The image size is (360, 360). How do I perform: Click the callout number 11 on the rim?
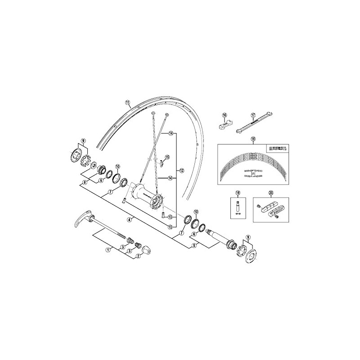tap(128, 102)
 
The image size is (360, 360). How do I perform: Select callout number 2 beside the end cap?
tap(139, 256)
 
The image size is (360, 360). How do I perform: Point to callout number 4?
tap(129, 220)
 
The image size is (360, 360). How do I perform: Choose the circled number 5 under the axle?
tap(194, 246)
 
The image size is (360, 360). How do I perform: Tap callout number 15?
tap(167, 157)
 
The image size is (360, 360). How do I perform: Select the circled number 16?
tap(224, 115)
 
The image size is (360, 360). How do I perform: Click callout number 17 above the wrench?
tap(253, 115)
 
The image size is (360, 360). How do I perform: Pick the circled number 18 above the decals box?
tap(253, 139)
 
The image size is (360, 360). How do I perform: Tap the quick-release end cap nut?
tap(145, 248)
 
